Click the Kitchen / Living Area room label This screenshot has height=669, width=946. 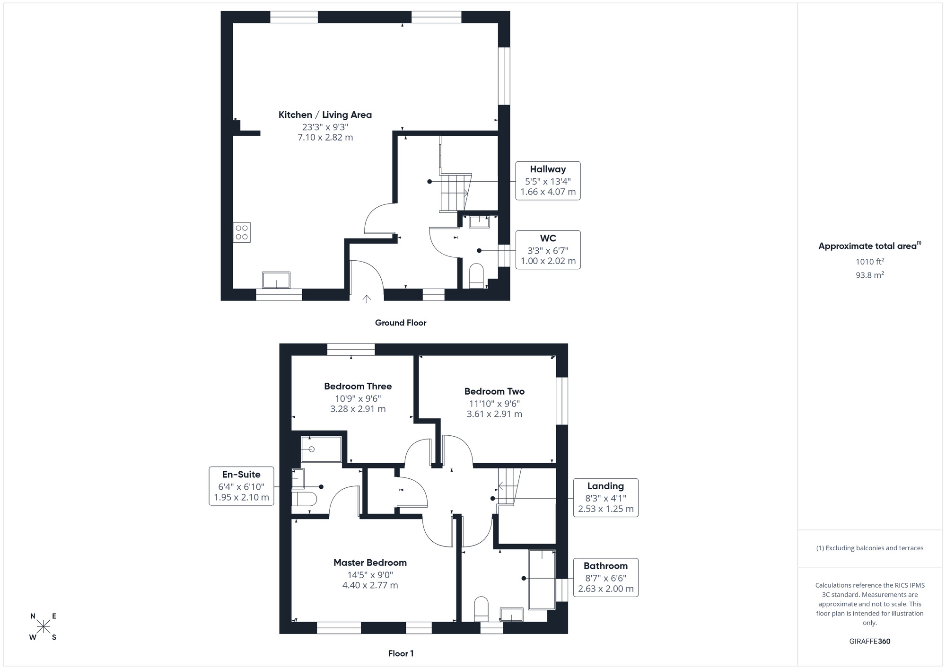point(325,115)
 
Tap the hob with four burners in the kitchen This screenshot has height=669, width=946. point(242,232)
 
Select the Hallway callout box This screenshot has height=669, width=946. point(548,181)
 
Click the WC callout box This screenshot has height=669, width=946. point(548,250)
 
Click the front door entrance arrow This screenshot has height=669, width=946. point(367,299)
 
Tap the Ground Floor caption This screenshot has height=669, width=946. point(401,323)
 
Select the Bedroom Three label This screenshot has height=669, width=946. point(358,387)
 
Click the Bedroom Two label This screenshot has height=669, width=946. point(494,391)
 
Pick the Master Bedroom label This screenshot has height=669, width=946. point(370,563)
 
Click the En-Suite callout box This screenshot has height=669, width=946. point(241,486)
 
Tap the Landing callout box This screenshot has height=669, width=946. point(605,497)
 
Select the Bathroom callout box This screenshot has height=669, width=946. point(605,577)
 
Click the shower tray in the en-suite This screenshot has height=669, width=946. point(321,449)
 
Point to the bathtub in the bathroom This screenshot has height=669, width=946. point(542,580)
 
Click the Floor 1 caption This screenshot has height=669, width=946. point(401,653)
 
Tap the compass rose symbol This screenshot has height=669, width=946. point(44,627)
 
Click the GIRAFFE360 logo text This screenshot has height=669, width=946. point(869,642)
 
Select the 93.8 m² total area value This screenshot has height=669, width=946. point(869,275)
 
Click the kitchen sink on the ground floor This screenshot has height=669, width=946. point(276,280)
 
